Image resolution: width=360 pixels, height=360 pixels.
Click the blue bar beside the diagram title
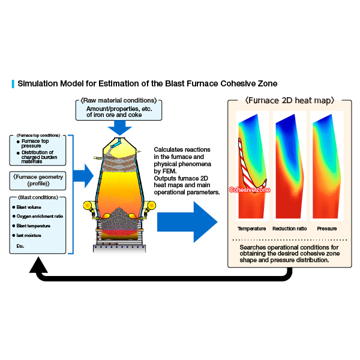13,84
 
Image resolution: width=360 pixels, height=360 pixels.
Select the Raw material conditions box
119,110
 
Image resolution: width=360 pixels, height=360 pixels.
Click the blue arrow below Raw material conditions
119,128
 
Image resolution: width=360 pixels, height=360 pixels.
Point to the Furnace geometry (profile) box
38,181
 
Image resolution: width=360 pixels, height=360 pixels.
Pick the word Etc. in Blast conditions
20,246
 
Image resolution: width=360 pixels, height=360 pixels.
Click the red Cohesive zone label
250,190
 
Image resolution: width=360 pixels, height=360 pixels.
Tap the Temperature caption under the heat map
251,229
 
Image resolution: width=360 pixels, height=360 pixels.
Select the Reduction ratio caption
290,229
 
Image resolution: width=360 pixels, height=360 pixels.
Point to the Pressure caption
327,229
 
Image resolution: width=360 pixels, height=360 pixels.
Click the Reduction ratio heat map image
290,166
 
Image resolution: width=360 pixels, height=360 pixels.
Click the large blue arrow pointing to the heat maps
187,222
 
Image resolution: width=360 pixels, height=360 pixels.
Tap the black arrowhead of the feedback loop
38,265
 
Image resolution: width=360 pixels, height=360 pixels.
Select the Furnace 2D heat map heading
290,101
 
